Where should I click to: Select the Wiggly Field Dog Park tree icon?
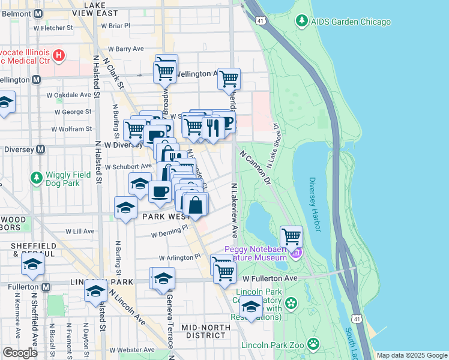pos(36,178)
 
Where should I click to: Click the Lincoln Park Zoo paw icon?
pos(313,344)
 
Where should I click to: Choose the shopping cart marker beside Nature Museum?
pos(291,236)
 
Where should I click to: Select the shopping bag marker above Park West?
pos(196,205)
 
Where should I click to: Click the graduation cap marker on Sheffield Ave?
pos(33,265)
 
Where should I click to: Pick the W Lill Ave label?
pos(80,231)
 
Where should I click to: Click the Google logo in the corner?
pos(20,353)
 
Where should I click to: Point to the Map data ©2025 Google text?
pos(411,355)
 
